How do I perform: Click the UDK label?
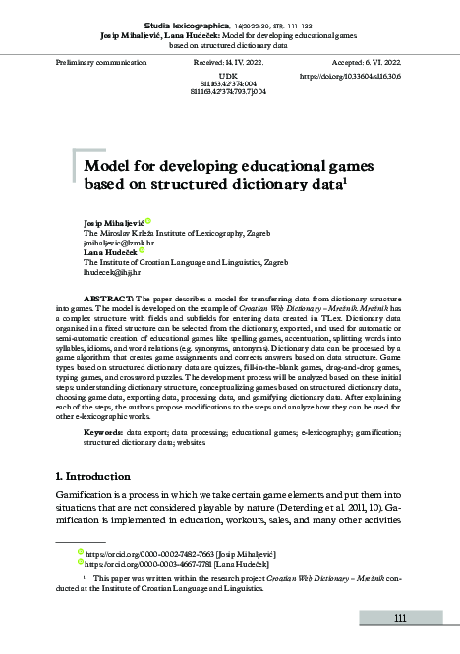[228, 75]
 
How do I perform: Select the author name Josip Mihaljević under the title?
[113, 223]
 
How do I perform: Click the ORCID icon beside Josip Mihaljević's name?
[148, 222]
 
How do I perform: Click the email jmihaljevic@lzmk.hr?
[119, 242]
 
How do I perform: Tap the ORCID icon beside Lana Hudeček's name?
[142, 250]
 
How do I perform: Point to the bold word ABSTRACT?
[103, 297]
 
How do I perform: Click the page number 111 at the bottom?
[400, 618]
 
